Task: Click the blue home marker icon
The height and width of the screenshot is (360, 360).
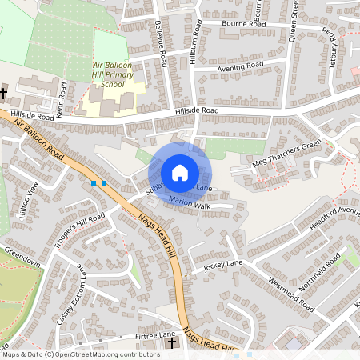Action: [x=180, y=172]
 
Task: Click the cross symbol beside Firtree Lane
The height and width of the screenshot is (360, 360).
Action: [x=172, y=344]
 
